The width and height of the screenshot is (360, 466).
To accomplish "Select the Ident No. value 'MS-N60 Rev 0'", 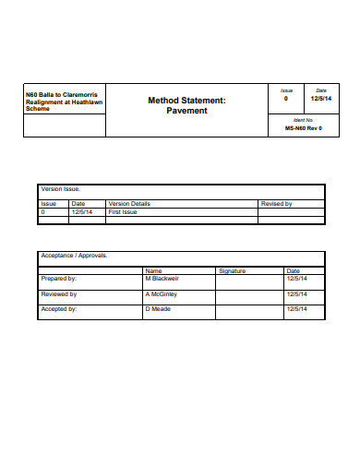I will [x=303, y=129].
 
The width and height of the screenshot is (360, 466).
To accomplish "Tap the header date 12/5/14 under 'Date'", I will [x=320, y=98].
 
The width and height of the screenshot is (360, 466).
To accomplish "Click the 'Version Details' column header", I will [x=129, y=203].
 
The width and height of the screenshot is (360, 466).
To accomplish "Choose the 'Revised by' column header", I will [x=277, y=203].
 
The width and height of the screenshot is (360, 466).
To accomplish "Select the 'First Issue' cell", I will [x=123, y=211].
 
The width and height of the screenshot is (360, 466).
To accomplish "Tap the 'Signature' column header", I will [x=232, y=270].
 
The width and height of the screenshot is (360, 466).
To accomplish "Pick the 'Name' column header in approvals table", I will [x=153, y=270].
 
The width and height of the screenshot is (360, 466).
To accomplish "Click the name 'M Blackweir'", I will [x=161, y=278].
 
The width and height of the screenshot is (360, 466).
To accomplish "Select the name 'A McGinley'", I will [x=160, y=293].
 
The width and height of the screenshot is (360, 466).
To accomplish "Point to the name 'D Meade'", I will [x=158, y=309].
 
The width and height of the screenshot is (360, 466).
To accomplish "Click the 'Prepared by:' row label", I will [x=59, y=278].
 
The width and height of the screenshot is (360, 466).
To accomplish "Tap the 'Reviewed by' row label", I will [x=59, y=293].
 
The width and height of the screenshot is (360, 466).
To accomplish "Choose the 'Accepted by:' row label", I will [x=59, y=309].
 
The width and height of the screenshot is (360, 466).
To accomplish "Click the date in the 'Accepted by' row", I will [x=296, y=309].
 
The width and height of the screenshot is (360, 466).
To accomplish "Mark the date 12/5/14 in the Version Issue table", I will [x=82, y=211].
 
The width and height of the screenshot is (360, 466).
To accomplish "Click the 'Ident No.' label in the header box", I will [x=303, y=120].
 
